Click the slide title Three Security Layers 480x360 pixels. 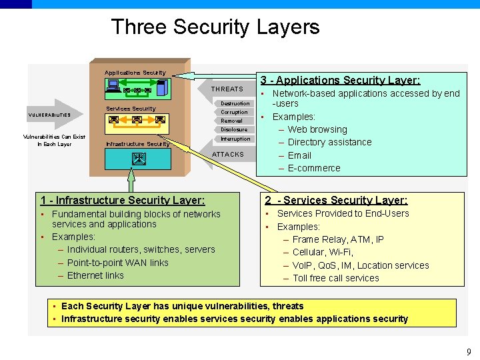[215, 27]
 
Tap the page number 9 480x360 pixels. [469, 351]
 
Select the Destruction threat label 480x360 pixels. [235, 103]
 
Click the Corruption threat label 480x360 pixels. [234, 112]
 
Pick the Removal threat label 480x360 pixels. [232, 121]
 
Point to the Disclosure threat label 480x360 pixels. [234, 129]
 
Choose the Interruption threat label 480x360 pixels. [235, 139]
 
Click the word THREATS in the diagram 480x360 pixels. [227, 89]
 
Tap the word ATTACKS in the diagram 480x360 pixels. [228, 154]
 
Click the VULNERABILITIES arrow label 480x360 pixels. [49, 115]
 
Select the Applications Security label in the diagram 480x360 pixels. [135, 73]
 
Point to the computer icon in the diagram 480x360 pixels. [113, 85]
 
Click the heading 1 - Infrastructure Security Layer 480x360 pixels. [123, 200]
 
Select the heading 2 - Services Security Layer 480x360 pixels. [336, 200]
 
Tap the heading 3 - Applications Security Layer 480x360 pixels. [340, 80]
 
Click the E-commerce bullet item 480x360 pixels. [314, 168]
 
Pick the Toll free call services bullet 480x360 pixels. [336, 278]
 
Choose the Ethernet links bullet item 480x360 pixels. [95, 275]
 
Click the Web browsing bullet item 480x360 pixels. [317, 129]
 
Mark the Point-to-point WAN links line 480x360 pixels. [118, 263]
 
